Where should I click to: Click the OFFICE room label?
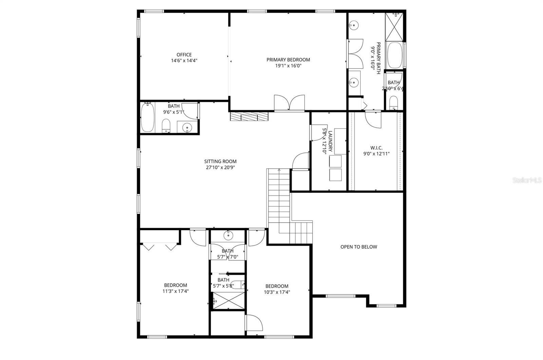pos(184,55)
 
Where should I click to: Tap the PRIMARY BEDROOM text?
pos(288,60)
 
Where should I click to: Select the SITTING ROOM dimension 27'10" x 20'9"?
pos(220,167)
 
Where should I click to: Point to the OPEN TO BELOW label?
pos(359,247)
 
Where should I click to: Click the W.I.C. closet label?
pos(376,148)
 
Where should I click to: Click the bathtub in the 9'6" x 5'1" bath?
pos(147,117)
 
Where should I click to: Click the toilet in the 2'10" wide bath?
pos(393,102)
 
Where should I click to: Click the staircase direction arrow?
pos(279,170)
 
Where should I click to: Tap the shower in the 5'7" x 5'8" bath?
pos(228,301)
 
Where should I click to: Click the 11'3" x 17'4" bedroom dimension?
pos(175,291)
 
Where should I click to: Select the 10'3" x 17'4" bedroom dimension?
pos(277,292)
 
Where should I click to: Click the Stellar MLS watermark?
pos(527,181)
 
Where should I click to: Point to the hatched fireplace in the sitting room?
pos(249,117)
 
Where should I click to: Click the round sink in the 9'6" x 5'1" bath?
pos(187,128)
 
